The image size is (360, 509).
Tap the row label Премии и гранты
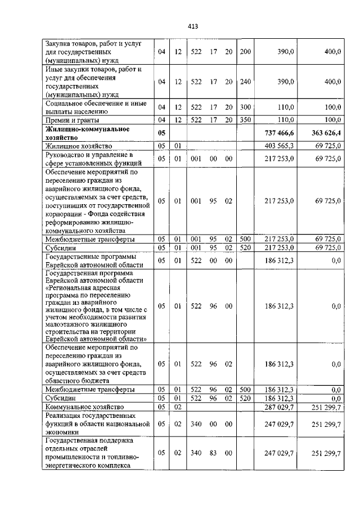(x=72, y=120)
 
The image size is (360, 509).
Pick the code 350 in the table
(x=245, y=120)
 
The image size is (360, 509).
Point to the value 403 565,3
(x=279, y=146)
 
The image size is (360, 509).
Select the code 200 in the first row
(x=245, y=51)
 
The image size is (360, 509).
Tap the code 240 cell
(x=245, y=82)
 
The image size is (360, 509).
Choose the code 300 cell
(x=245, y=107)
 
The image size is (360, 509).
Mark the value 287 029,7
(x=279, y=406)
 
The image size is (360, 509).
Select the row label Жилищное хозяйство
(x=75, y=146)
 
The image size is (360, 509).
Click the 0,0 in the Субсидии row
(x=336, y=398)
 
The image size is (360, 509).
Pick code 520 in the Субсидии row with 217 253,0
(x=245, y=247)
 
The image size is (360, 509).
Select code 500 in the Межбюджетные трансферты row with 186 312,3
(x=245, y=389)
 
